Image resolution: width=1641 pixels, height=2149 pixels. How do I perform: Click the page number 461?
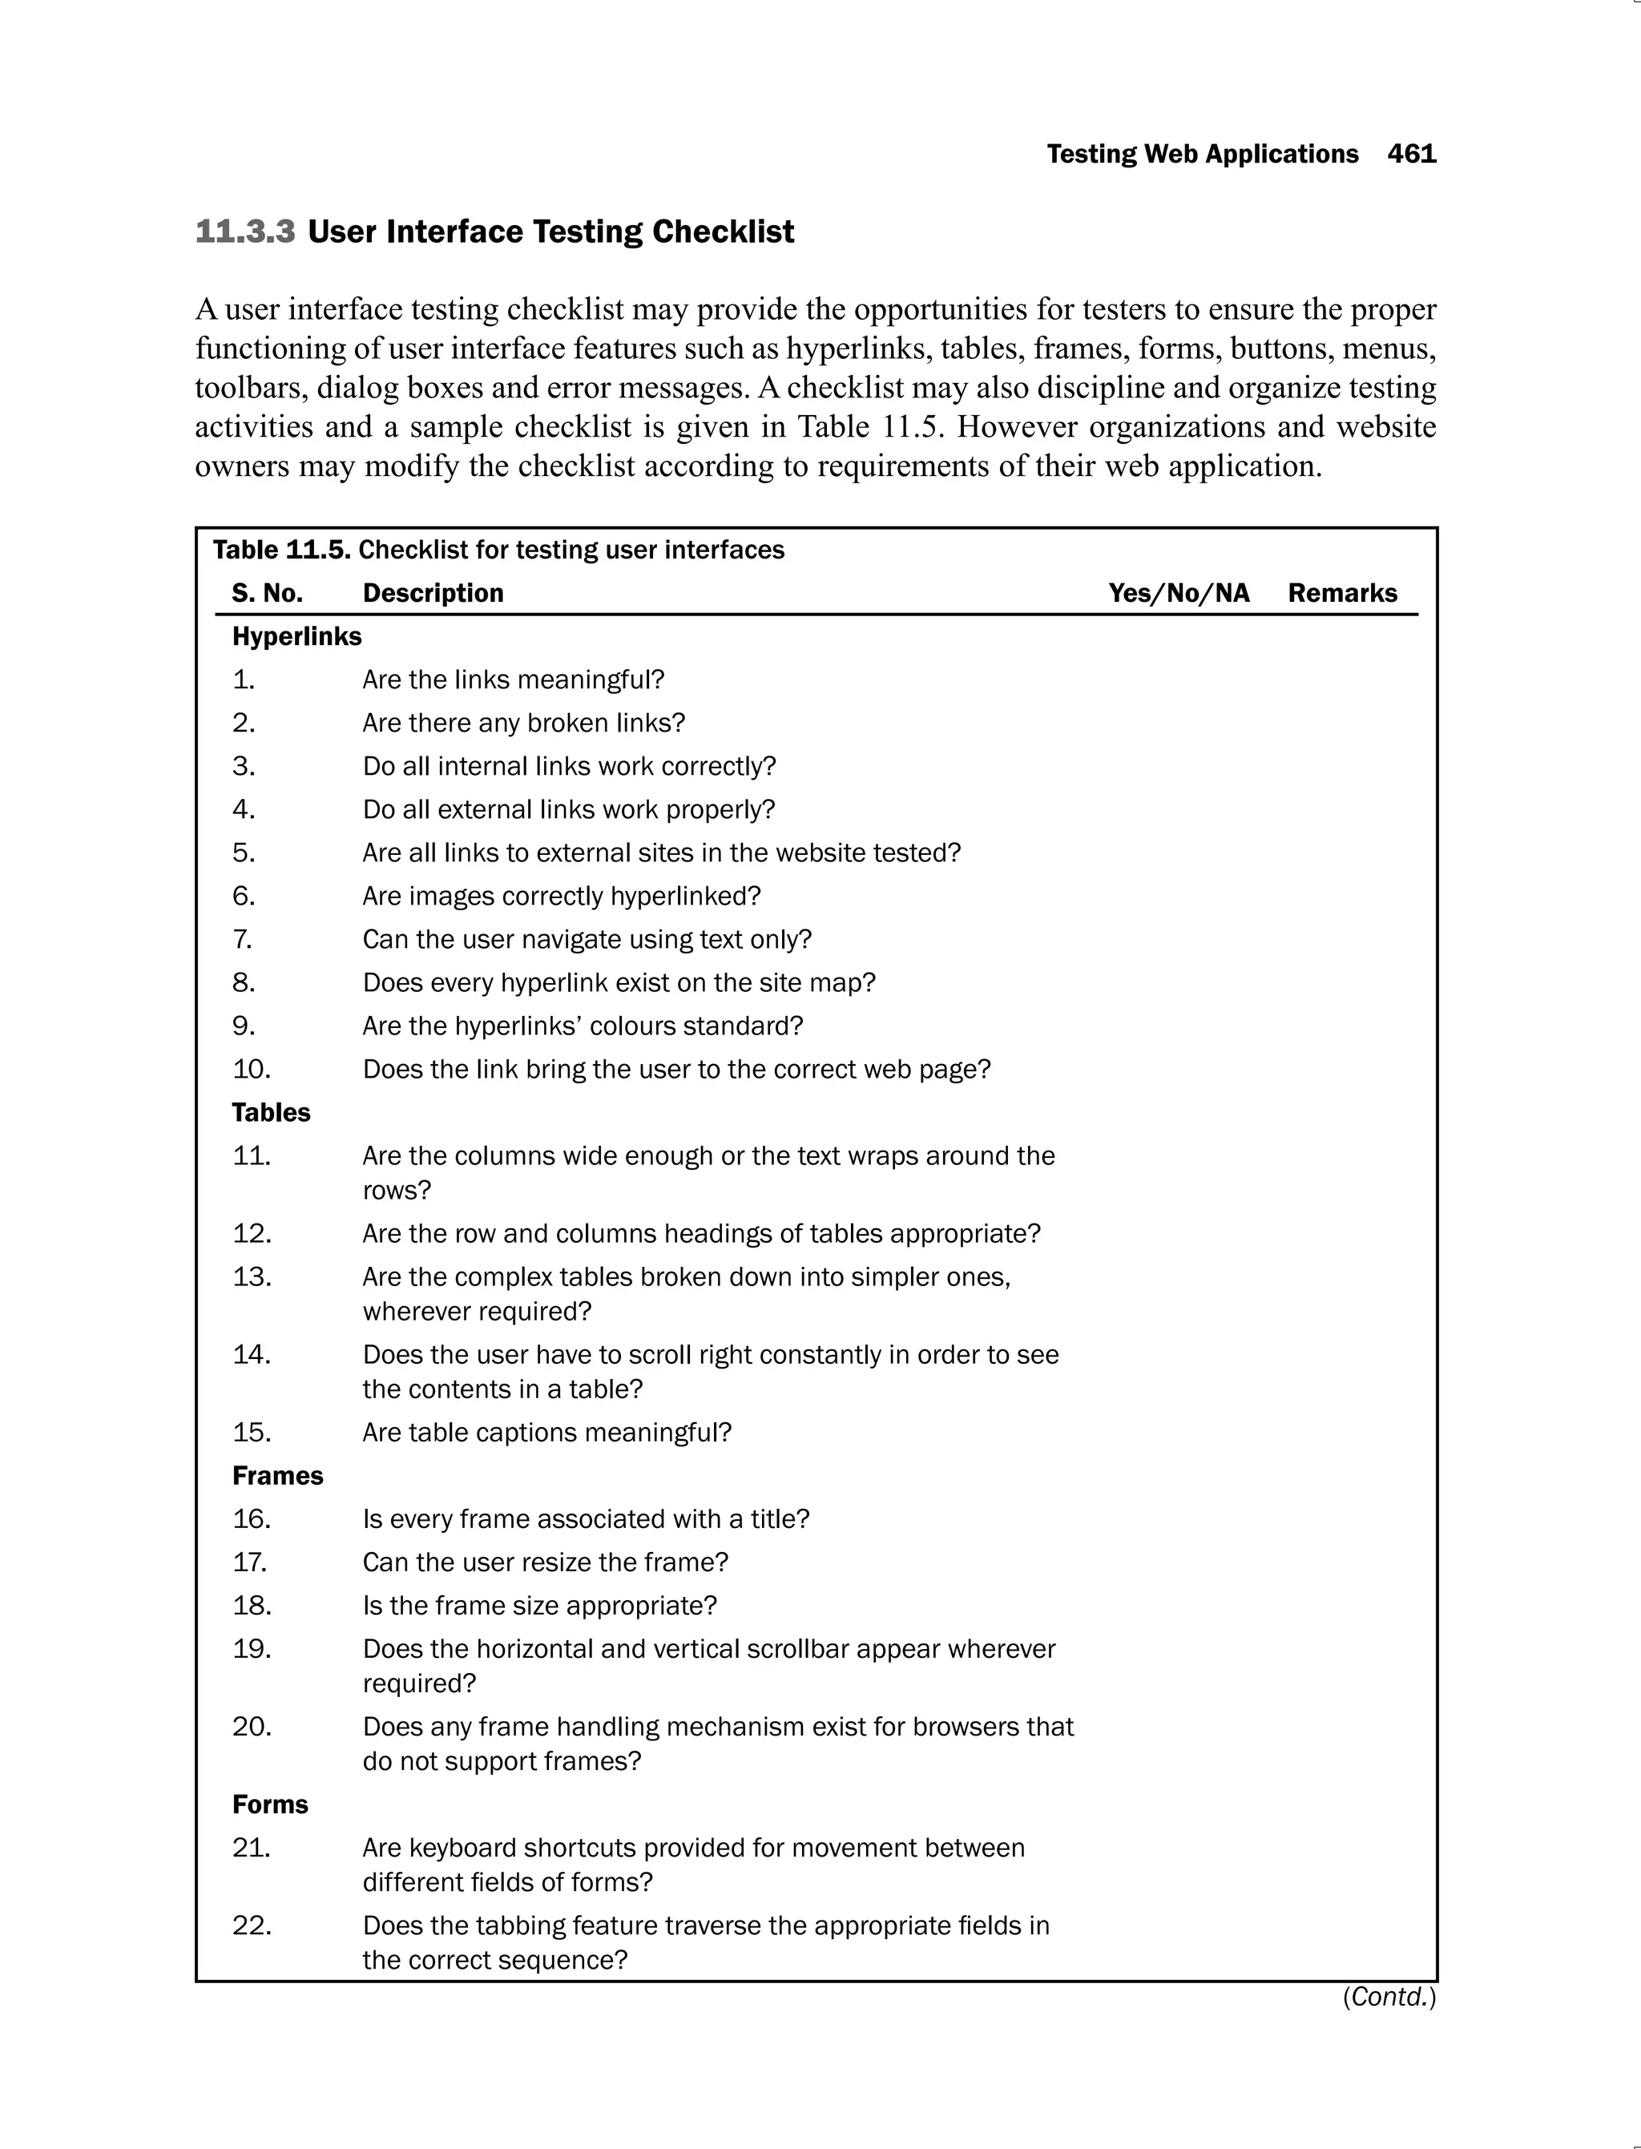click(x=1412, y=155)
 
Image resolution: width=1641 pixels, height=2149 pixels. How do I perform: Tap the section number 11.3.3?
click(x=245, y=232)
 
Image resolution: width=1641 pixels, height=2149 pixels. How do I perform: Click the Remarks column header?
click(x=1342, y=593)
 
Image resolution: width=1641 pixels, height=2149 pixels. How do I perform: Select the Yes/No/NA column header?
click(x=1179, y=593)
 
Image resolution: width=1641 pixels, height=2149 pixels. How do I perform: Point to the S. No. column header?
click(x=267, y=593)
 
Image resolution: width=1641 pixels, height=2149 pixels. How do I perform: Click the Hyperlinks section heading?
click(x=297, y=637)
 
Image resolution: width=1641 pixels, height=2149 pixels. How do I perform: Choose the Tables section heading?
click(x=271, y=1113)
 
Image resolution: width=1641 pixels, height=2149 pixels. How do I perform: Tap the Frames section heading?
click(x=277, y=1476)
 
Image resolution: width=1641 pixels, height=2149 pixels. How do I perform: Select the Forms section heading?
click(x=269, y=1804)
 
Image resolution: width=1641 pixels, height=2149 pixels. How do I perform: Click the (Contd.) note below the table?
click(x=1389, y=1998)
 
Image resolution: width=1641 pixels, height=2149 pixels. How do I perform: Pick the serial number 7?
click(x=242, y=940)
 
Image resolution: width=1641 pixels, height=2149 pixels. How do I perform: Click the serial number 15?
click(x=251, y=1433)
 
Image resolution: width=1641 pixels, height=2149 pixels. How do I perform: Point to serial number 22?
click(x=251, y=1925)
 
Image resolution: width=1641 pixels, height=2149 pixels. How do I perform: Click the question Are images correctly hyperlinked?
click(x=561, y=897)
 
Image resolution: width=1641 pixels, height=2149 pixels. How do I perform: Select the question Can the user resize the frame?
click(x=545, y=1563)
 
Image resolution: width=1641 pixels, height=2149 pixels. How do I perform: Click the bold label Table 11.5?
click(x=281, y=550)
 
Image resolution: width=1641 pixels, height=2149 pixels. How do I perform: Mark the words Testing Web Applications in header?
click(x=1203, y=155)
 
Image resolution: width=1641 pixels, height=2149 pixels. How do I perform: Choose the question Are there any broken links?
click(x=523, y=723)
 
